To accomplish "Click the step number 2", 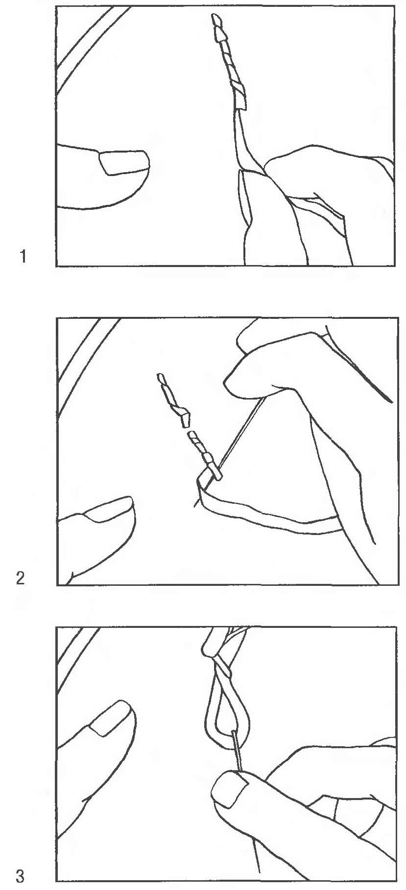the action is coord(21,578).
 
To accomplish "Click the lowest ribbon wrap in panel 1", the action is coord(239,101).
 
